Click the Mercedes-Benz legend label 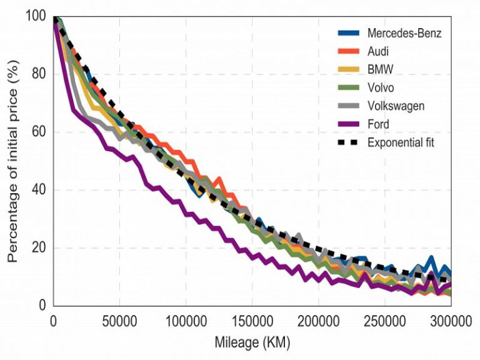pyautogui.click(x=404, y=33)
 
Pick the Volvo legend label pyautogui.click(x=381, y=87)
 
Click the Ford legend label pyautogui.click(x=378, y=124)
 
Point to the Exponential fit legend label pyautogui.click(x=401, y=142)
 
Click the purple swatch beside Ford pyautogui.click(x=349, y=124)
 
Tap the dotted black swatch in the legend pyautogui.click(x=349, y=142)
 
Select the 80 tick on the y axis pyautogui.click(x=39, y=74)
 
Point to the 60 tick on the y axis pyautogui.click(x=39, y=132)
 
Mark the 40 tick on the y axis pyautogui.click(x=39, y=190)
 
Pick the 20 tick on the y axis pyautogui.click(x=39, y=248)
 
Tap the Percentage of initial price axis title pyautogui.click(x=14, y=161)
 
